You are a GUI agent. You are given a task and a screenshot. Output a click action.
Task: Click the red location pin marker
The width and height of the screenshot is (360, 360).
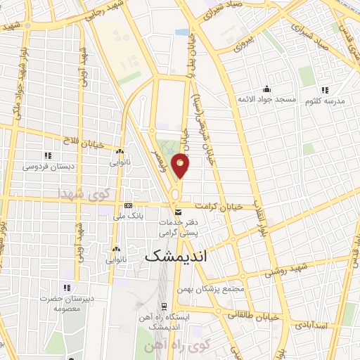181,165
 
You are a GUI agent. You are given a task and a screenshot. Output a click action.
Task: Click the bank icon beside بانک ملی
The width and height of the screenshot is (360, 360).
127,205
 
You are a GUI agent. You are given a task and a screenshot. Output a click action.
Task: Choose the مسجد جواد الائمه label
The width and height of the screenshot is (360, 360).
266,100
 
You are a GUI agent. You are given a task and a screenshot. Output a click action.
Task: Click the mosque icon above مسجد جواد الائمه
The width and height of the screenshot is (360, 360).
266,89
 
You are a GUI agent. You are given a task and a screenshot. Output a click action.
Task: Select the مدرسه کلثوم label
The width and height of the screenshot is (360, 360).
325,101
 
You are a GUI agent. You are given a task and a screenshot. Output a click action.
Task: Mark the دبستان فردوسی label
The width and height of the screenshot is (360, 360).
48,167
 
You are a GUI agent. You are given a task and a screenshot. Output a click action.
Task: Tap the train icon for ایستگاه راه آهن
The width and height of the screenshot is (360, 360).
164,307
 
